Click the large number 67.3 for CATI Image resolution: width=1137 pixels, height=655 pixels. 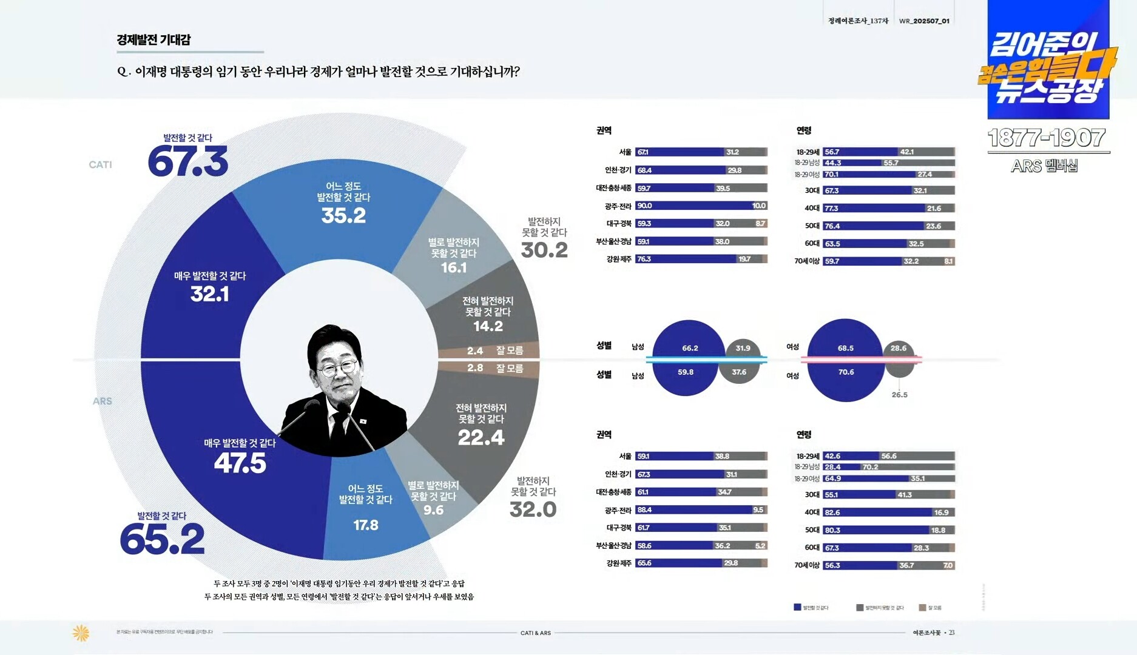[187, 161]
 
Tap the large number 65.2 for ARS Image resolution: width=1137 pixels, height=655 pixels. [162, 539]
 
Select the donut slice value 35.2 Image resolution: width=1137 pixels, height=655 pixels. [343, 215]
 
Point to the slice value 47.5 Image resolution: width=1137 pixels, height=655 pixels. [240, 463]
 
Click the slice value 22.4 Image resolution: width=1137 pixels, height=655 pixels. [481, 437]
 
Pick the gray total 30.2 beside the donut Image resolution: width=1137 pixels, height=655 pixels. [544, 250]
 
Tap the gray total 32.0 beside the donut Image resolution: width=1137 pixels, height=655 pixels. [533, 509]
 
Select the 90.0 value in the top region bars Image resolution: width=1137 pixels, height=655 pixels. [644, 206]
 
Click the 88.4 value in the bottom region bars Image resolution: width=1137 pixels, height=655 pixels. [644, 510]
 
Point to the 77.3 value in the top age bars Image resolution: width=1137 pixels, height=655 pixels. [831, 208]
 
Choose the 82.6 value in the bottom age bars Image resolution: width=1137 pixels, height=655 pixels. [832, 512]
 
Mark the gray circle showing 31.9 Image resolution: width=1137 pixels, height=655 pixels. [743, 348]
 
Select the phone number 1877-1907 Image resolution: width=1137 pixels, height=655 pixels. [1047, 138]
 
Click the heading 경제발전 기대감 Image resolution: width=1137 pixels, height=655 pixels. [154, 40]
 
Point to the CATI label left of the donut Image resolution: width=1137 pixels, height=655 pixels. [100, 165]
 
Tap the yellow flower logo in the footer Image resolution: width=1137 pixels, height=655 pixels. [81, 633]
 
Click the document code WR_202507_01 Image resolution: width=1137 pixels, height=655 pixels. [924, 21]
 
